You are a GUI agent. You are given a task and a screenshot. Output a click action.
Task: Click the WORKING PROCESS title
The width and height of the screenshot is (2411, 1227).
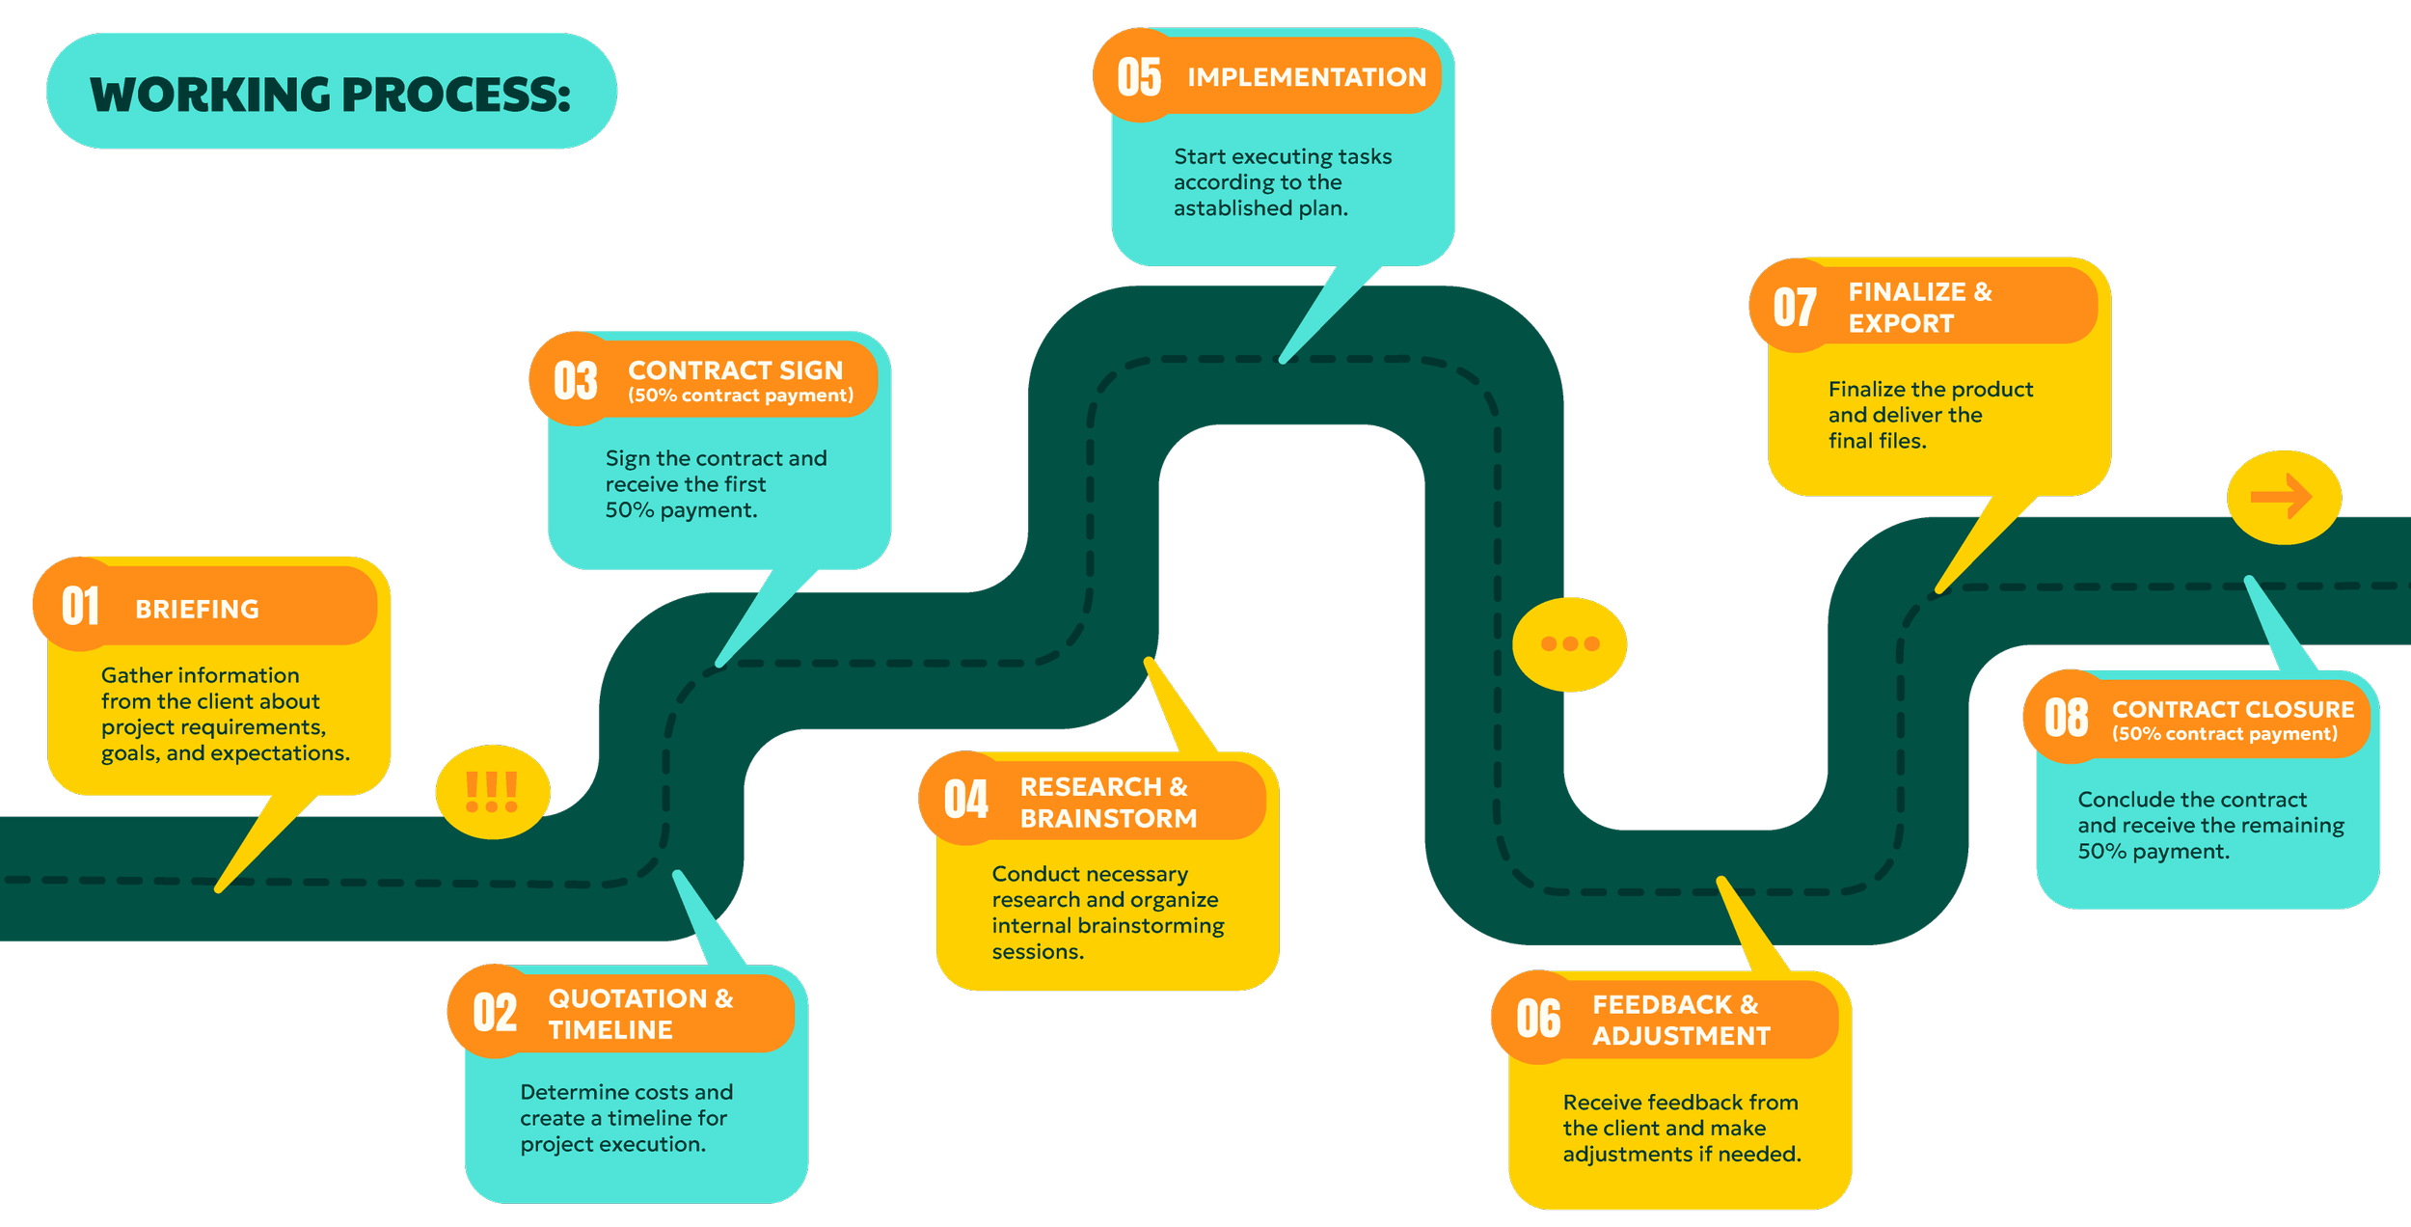tap(330, 94)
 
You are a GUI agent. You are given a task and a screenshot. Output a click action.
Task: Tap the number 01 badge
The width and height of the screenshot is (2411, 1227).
tap(80, 606)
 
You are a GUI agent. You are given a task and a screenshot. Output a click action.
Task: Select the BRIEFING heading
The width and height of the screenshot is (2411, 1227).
tap(197, 610)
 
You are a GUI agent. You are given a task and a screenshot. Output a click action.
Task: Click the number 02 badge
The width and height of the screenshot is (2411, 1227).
tap(495, 1013)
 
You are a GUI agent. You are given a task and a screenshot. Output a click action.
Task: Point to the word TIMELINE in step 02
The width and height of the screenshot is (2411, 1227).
tap(610, 1030)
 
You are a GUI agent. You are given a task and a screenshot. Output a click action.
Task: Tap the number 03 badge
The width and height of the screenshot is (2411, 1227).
tap(576, 380)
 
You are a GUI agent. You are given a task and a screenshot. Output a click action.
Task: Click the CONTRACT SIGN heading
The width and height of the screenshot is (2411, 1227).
tap(735, 370)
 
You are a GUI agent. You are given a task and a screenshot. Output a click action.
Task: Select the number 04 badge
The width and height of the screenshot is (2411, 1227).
tap(965, 800)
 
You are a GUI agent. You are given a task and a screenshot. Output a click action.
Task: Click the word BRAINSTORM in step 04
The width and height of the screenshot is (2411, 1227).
tap(1108, 819)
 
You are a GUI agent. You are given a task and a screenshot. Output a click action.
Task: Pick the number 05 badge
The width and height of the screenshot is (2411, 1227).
tap(1139, 77)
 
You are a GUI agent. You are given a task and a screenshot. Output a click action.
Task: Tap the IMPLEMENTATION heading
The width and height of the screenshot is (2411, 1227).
tap(1306, 77)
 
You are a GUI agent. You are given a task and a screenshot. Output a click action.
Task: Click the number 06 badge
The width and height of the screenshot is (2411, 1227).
tap(1538, 1019)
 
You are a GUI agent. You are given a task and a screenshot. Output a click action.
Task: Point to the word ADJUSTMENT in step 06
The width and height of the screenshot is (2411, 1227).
tap(1681, 1036)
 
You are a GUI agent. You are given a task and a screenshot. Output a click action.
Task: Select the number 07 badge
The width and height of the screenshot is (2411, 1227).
tap(1795, 307)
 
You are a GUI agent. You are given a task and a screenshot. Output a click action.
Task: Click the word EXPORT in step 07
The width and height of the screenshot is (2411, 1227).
tap(1901, 324)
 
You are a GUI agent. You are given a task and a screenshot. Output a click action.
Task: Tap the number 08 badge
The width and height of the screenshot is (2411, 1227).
tap(2066, 718)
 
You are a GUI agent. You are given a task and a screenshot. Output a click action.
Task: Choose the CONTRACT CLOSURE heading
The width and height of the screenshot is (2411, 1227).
tap(2233, 710)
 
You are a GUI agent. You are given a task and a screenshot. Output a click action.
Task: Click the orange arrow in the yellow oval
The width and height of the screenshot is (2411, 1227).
tap(2282, 498)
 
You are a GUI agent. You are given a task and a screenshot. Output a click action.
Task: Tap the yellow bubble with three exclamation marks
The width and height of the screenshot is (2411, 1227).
tap(492, 792)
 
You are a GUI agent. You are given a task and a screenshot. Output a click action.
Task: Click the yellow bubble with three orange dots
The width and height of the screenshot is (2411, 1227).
tap(1569, 644)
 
